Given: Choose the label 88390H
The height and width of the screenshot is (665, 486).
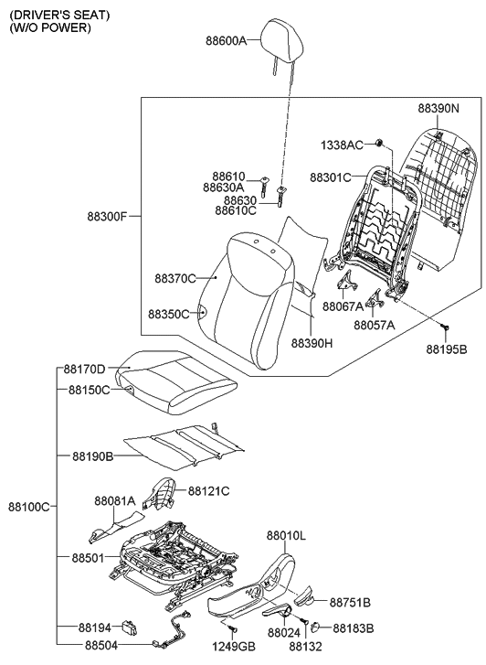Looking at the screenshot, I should coord(312,343).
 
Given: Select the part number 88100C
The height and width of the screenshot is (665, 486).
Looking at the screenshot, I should coord(29,506).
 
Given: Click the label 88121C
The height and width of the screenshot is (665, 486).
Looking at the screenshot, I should coord(208,491).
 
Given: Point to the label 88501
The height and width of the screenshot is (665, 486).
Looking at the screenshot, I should coord(92,556).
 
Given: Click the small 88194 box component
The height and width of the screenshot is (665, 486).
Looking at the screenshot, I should coord(132,627).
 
